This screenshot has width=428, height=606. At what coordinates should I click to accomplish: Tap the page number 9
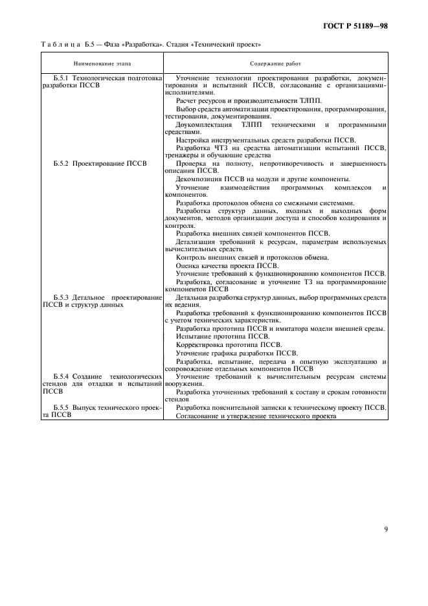(385, 529)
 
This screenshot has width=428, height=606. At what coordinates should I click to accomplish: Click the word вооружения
(183, 384)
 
